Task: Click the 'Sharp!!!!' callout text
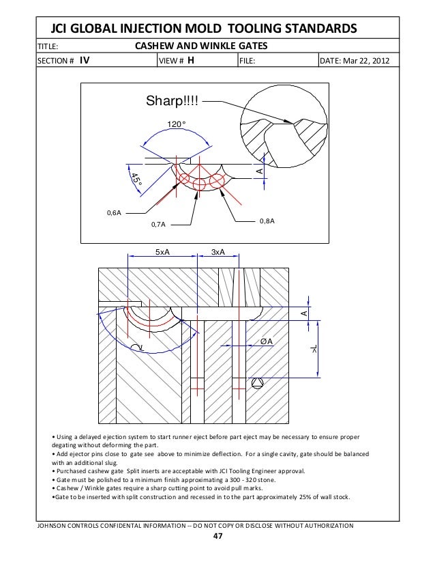[174, 102]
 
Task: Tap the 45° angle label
[136, 180]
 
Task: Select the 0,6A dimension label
[113, 213]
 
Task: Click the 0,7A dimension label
[158, 223]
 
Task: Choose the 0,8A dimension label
[267, 221]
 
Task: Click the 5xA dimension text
[162, 252]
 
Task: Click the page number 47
[217, 536]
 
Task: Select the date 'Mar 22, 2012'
[368, 60]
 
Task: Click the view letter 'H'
[192, 60]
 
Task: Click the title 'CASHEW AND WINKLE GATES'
[201, 46]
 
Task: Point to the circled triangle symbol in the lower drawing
[256, 383]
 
